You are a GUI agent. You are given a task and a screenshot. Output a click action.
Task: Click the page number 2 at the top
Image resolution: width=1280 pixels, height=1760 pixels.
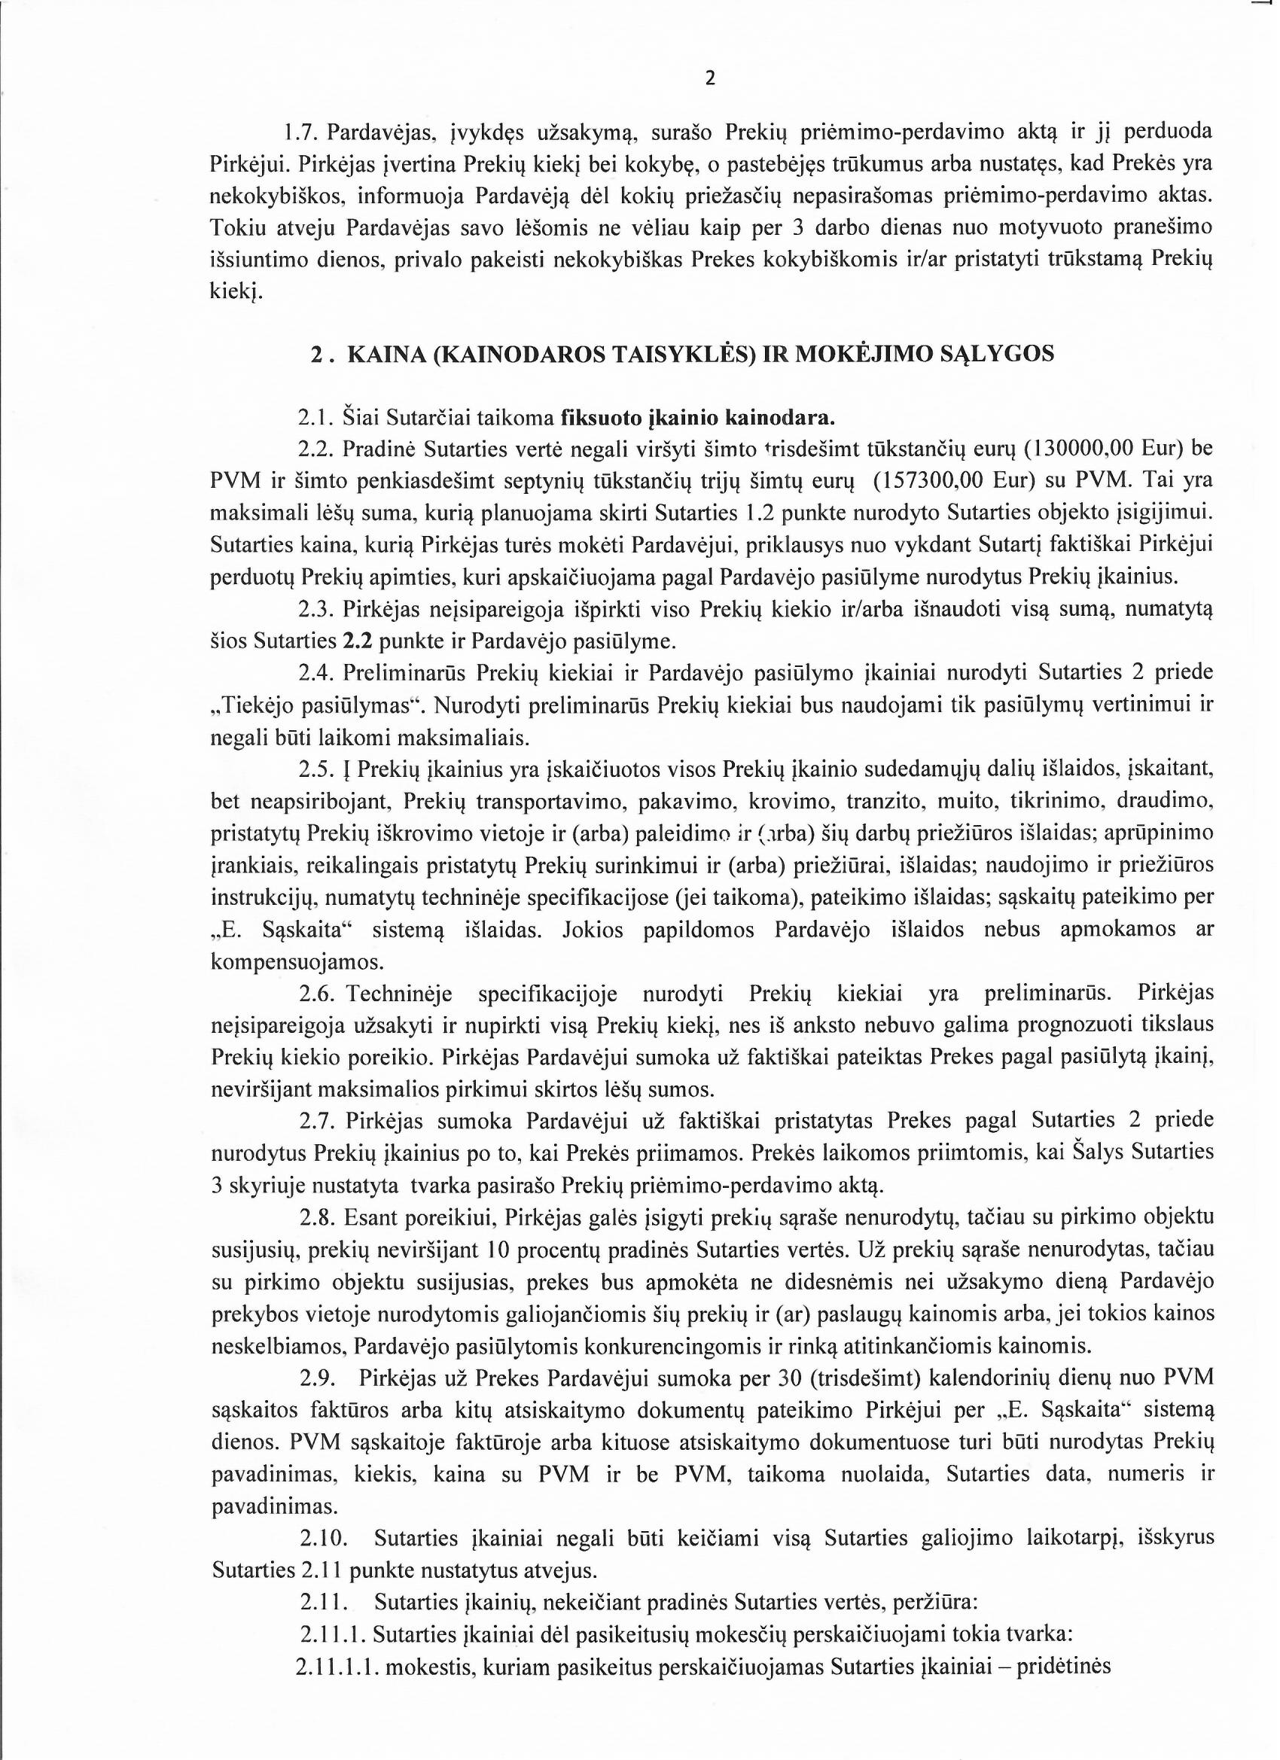click(x=709, y=78)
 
